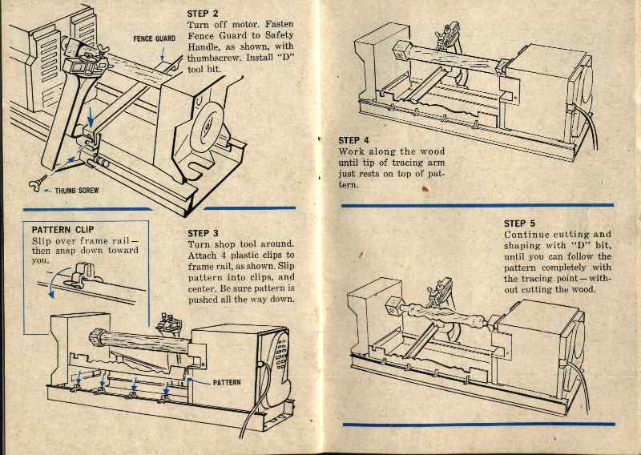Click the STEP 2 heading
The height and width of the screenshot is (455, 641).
tap(202, 14)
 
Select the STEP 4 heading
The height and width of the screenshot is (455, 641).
tap(354, 139)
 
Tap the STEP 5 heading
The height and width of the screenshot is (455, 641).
tap(520, 223)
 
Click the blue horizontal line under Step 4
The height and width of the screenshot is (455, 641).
tap(478, 206)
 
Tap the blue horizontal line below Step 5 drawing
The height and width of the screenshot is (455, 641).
tap(478, 424)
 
